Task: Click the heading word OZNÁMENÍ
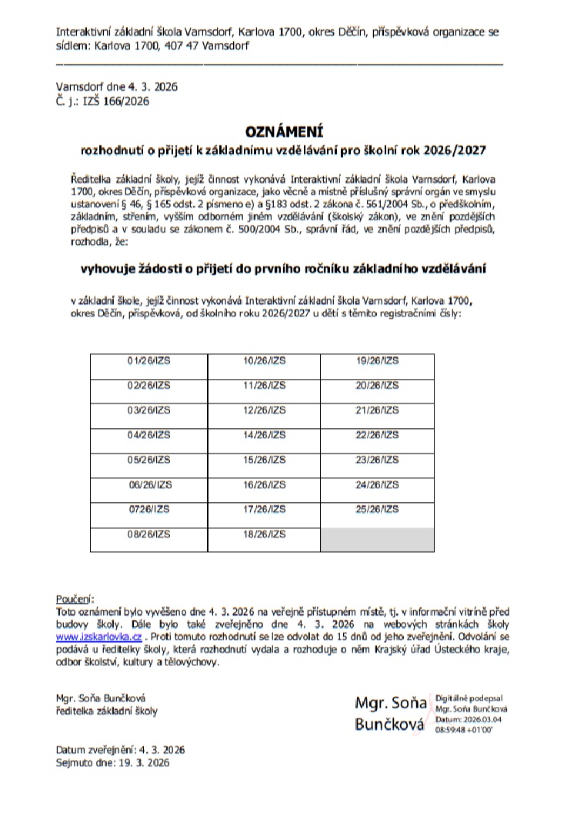285,132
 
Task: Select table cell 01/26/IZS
149,360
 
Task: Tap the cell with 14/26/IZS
264,435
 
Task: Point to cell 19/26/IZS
378,360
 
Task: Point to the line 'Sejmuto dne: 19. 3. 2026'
112,763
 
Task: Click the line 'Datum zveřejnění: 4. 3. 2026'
120,749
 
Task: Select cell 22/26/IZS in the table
378,435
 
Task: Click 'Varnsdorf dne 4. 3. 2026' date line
116,87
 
